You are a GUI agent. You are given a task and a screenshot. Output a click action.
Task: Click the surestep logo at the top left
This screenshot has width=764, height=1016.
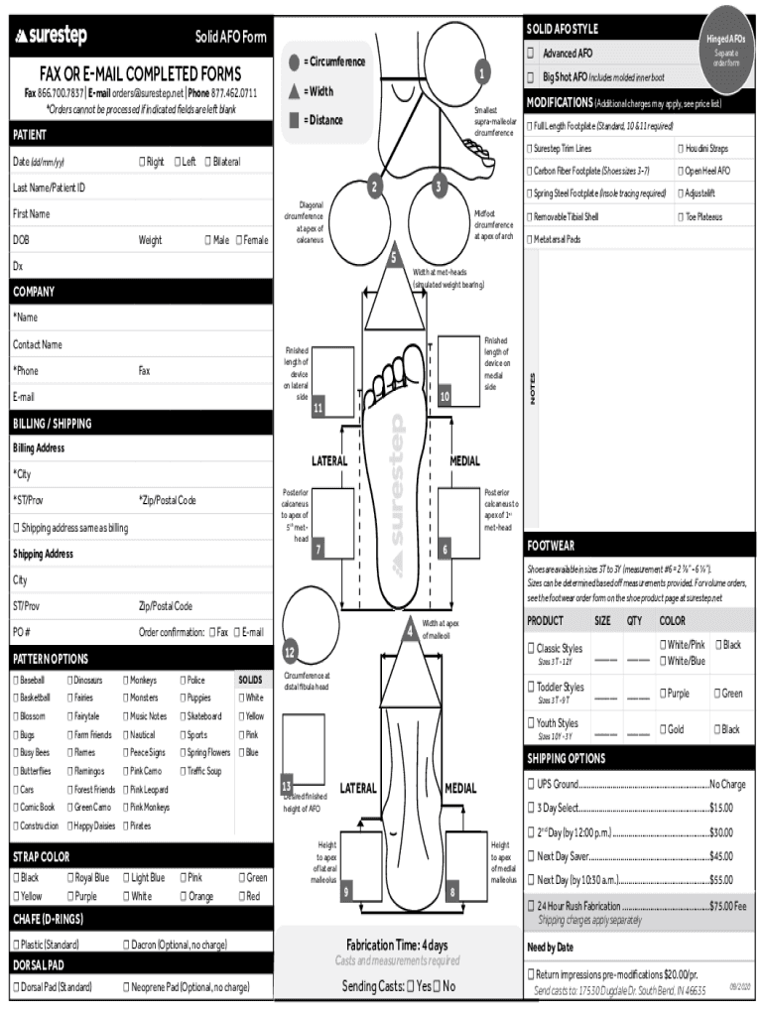pyautogui.click(x=51, y=37)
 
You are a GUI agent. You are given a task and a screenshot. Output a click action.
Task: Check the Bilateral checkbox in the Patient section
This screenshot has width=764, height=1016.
pyautogui.click(x=207, y=162)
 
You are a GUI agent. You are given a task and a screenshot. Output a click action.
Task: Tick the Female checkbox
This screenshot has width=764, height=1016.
pyautogui.click(x=239, y=240)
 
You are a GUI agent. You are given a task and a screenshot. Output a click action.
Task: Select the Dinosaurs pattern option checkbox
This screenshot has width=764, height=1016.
pyautogui.click(x=70, y=680)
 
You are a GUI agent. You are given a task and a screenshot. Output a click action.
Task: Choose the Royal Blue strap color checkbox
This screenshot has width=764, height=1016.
pyautogui.click(x=70, y=877)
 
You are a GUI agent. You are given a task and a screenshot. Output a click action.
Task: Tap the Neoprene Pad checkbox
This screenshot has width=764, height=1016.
pyautogui.click(x=126, y=987)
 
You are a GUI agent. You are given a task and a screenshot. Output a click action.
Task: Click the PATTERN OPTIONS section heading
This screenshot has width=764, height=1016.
pyautogui.click(x=51, y=659)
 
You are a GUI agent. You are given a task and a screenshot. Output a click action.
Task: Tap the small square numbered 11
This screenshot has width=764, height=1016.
pyautogui.click(x=318, y=408)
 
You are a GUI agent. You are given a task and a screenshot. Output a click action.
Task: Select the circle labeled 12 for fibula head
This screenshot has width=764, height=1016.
pyautogui.click(x=290, y=652)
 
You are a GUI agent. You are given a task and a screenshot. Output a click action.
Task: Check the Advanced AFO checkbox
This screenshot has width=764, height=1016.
pyautogui.click(x=531, y=54)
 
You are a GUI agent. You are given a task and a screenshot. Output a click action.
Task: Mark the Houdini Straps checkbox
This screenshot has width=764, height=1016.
pyautogui.click(x=681, y=149)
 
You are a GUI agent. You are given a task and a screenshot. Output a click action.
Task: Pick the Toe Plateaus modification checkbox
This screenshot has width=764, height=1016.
pyautogui.click(x=681, y=216)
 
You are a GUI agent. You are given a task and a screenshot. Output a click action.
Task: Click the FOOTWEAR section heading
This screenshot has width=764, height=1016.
pyautogui.click(x=551, y=546)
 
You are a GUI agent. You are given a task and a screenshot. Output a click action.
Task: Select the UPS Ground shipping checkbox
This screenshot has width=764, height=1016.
pyautogui.click(x=531, y=784)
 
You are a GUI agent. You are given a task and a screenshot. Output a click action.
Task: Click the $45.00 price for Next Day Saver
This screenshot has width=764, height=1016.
pyautogui.click(x=720, y=856)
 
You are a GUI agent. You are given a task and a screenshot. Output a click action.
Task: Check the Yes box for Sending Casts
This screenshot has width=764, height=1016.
pyautogui.click(x=412, y=986)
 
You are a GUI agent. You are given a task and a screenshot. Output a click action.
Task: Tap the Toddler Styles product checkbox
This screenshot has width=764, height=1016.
pyautogui.click(x=531, y=687)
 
